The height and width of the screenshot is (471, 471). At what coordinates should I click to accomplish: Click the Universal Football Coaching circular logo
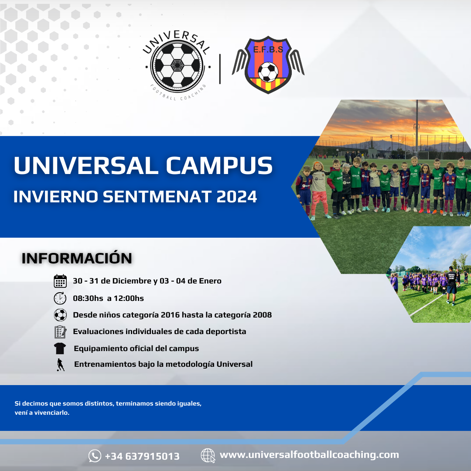tap(177, 65)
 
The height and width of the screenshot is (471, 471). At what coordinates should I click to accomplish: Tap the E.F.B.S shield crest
tap(268, 65)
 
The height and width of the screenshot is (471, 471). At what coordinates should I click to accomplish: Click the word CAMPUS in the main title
tap(219, 165)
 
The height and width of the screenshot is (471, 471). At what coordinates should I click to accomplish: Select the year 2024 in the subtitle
tap(236, 197)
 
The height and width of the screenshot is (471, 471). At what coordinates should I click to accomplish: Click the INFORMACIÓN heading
tap(77, 258)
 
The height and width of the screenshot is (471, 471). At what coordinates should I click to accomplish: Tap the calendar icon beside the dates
tap(60, 281)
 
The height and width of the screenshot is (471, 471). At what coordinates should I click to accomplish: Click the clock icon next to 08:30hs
tap(60, 298)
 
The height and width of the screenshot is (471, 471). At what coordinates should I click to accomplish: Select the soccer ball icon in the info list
tap(60, 315)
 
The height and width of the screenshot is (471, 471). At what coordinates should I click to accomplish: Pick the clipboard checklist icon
tap(60, 332)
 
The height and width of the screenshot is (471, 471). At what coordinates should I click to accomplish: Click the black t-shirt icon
tap(60, 348)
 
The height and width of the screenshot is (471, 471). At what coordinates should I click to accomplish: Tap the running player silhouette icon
tap(61, 365)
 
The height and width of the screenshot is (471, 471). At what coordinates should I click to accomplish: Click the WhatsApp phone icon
tap(95, 456)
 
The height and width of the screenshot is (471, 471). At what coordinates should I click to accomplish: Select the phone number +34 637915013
tap(142, 456)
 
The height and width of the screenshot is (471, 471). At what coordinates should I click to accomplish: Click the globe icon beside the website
tap(208, 455)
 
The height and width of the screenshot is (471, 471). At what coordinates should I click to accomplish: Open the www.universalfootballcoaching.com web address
tap(309, 455)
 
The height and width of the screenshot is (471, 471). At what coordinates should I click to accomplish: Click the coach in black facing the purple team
tap(451, 285)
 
